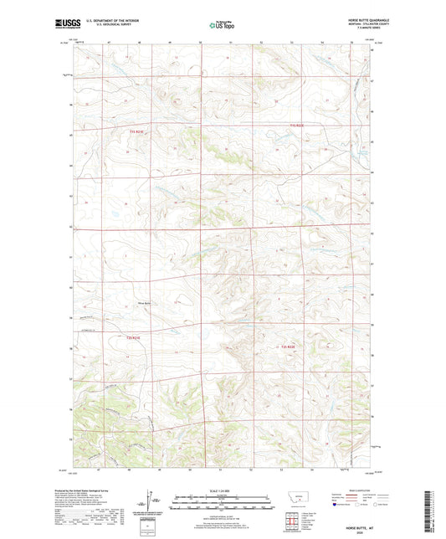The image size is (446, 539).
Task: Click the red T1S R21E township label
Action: (x=137, y=132)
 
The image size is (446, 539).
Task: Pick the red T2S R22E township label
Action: (x=290, y=345)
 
